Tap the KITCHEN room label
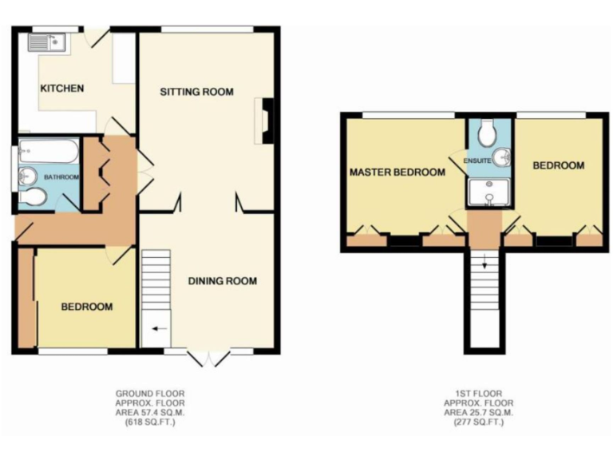click(x=62, y=88)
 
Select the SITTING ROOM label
click(x=196, y=92)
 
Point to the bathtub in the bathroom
click(x=48, y=150)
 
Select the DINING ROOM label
click(x=223, y=281)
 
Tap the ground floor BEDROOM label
click(x=88, y=307)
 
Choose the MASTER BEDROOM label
click(x=397, y=172)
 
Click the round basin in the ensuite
click(x=502, y=157)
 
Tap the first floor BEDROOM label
click(x=558, y=166)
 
